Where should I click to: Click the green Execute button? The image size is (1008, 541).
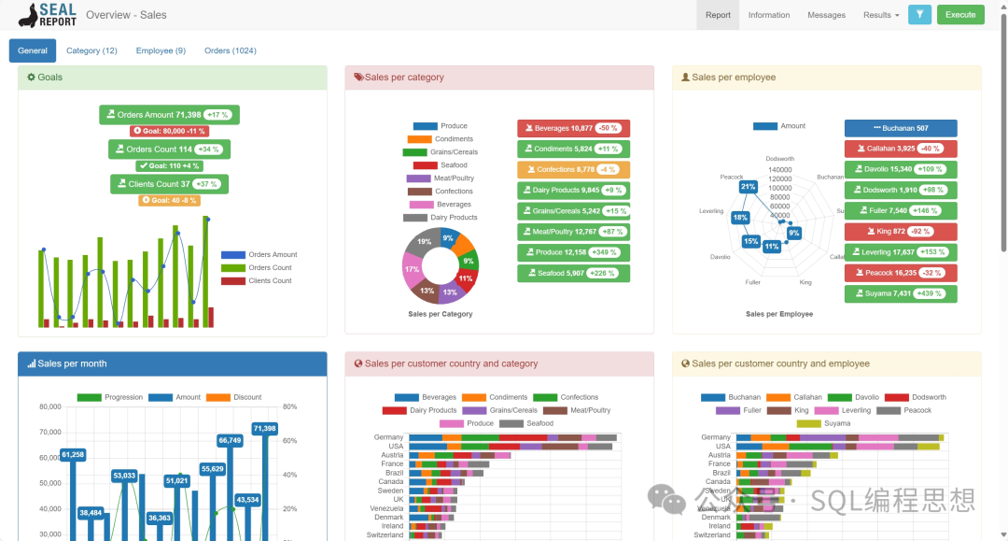coord(960,15)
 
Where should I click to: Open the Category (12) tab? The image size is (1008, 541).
coord(91,50)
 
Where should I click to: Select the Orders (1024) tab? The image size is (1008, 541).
coord(231,50)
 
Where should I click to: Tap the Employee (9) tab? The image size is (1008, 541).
coord(161,50)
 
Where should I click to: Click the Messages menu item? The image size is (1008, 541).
coord(826,15)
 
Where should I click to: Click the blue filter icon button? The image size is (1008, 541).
coord(919,15)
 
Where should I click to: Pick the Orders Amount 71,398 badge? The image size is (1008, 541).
coord(169,115)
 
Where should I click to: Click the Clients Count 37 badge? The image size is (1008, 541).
coord(169,184)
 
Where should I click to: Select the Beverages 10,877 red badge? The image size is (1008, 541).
coord(573,128)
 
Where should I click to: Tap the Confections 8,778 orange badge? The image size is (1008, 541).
coord(573,170)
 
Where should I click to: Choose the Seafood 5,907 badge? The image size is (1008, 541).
coord(573,273)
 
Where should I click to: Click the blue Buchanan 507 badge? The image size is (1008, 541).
coord(901,128)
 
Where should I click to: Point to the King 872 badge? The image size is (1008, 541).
coord(901,232)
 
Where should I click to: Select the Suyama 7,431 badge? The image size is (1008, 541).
coord(901,293)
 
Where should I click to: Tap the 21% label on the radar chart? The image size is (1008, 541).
coord(748,187)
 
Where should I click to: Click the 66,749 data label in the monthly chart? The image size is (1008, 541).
coord(230,440)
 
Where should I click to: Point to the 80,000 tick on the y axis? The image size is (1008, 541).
coord(50,407)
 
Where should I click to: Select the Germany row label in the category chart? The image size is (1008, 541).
coord(388,437)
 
